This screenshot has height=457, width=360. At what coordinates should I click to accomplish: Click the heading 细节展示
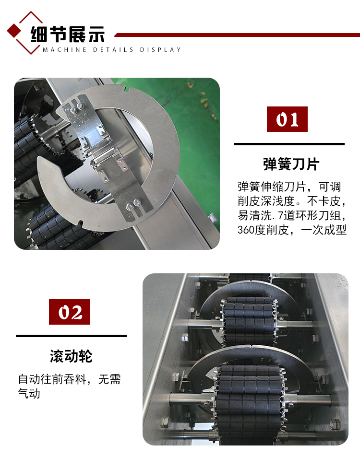[x=68, y=34]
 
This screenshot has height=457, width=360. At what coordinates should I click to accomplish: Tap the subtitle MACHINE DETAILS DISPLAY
[x=112, y=50]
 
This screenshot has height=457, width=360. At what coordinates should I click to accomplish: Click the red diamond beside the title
[x=13, y=31]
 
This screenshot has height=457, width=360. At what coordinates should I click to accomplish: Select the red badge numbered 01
[x=287, y=119]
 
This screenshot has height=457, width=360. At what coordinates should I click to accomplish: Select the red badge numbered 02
[x=69, y=312]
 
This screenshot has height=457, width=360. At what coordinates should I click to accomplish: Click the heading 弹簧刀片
[x=291, y=164]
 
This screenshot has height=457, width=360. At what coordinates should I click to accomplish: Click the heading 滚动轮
[x=71, y=356]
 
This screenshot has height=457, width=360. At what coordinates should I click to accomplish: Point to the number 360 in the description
[x=246, y=230]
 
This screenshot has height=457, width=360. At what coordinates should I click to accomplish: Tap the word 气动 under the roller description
[x=29, y=394]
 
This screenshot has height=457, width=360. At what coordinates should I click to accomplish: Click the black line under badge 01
[x=289, y=144]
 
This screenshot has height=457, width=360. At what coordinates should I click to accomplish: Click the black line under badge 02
[x=71, y=336]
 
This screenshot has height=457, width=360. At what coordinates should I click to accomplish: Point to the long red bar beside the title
[x=237, y=35]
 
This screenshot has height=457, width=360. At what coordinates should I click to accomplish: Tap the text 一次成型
[x=324, y=230]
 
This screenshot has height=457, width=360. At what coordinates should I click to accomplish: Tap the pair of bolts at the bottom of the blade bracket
[x=133, y=204]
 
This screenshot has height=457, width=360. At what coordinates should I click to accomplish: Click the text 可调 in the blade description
[x=330, y=187]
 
